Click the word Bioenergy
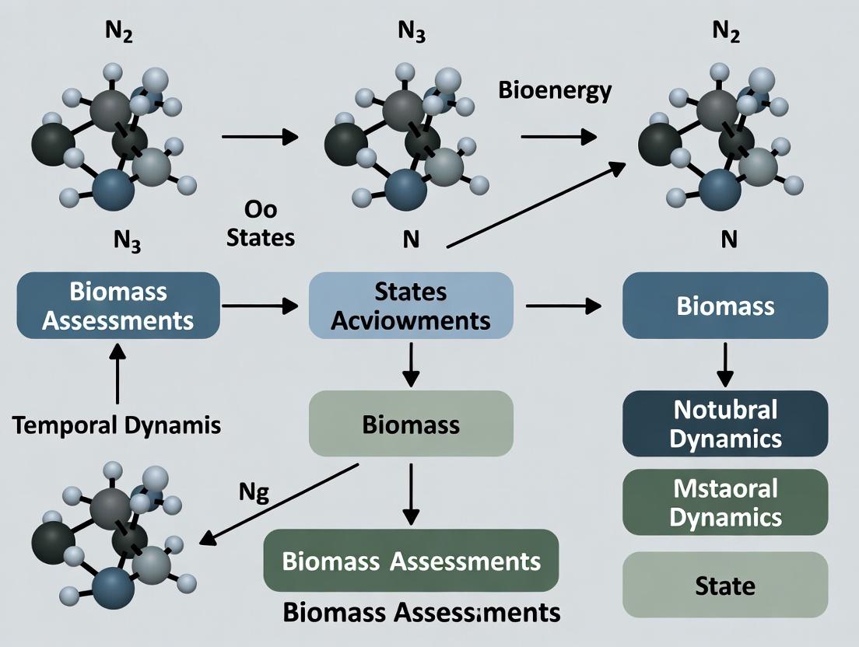[x=554, y=90]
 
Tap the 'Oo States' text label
[x=260, y=224]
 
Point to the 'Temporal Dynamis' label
[x=117, y=425]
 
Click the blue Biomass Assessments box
[x=117, y=306]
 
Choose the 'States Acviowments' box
[x=411, y=306]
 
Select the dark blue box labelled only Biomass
[x=725, y=306]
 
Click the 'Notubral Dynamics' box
[x=725, y=424]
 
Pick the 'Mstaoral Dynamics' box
[x=725, y=502]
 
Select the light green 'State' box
[x=725, y=584]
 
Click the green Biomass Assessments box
[x=411, y=561]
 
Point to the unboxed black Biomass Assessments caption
[x=421, y=612]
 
